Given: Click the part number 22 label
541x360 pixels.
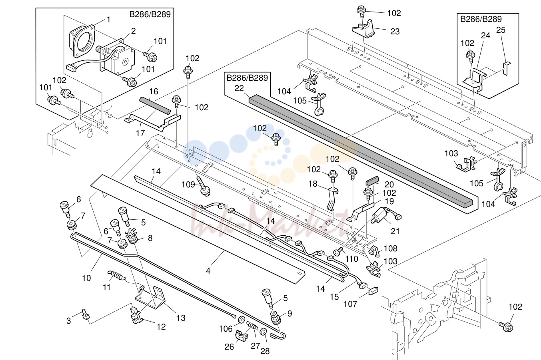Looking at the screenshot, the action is coord(239,88).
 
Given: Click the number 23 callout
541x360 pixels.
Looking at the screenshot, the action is coord(395,32).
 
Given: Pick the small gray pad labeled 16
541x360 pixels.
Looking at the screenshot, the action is coord(155,105).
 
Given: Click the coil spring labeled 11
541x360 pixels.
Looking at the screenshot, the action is coord(116,276).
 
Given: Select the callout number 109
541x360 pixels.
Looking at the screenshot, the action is coord(188,185).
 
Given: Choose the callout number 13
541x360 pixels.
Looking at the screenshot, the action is coord(181,318).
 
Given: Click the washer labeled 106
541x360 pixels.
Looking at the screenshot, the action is coord(241,320).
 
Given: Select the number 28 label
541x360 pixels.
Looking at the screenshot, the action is coord(265,351).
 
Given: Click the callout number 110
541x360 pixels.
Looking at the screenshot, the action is coord(351,259).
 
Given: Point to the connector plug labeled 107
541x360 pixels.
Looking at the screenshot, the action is coord(373,291).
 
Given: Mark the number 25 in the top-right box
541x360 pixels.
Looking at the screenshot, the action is coord(501,30).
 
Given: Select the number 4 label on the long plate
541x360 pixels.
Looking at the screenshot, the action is coord(208,271).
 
